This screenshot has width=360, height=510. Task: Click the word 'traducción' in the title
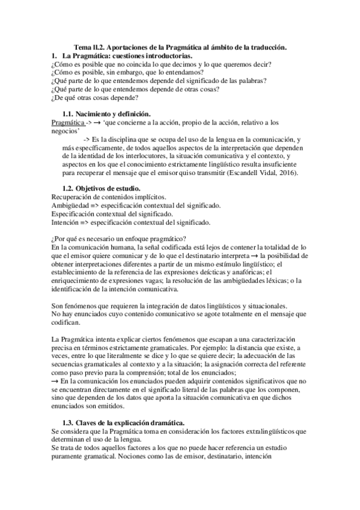coord(266,47)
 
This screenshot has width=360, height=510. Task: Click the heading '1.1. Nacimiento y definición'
coord(107,114)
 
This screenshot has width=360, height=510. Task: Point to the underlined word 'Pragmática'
coord(67,122)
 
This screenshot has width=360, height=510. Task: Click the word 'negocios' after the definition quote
coord(65,131)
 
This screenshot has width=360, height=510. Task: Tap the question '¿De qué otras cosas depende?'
coord(94,97)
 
